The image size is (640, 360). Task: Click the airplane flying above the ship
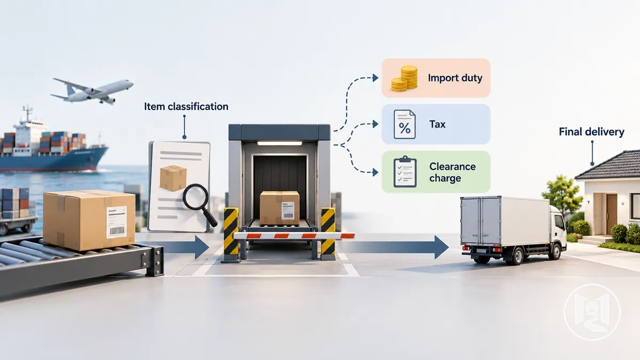92,91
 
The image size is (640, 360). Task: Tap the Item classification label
186,107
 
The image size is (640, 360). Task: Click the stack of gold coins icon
404,78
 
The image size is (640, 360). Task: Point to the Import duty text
455,78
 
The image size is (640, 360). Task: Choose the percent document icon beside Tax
405,124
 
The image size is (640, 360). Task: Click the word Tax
437,124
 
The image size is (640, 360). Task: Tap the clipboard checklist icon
405,172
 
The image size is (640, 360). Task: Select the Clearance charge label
452,172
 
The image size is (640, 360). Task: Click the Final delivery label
591,132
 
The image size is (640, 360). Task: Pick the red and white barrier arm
294,236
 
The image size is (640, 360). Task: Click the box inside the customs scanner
279,208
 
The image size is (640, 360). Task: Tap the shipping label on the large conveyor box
117,222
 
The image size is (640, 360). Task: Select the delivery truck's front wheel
555,251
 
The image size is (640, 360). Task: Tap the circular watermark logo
592,312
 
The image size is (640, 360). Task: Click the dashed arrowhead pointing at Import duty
375,78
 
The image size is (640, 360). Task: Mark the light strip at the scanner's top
279,143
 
